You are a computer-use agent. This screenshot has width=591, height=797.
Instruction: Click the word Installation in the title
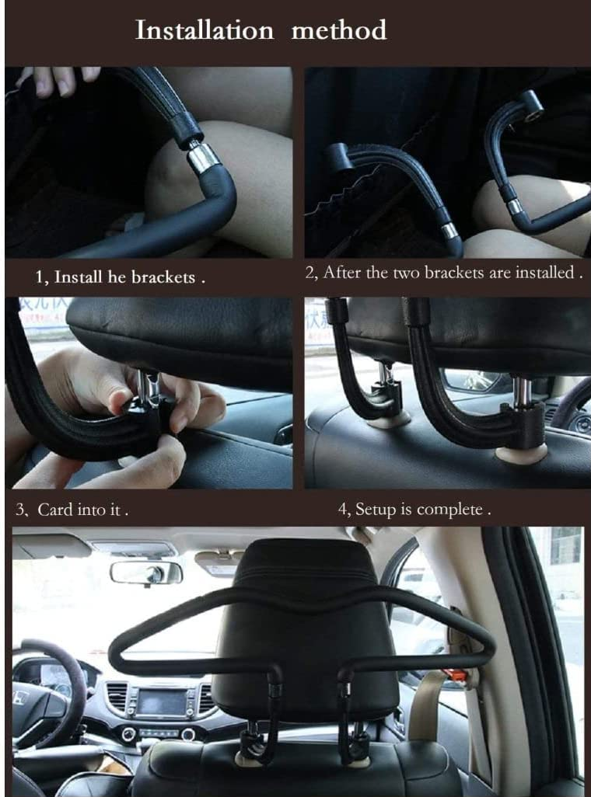point(205,30)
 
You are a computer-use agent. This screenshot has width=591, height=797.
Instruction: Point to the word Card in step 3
point(55,510)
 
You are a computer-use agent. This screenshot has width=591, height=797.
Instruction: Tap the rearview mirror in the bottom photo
point(146,573)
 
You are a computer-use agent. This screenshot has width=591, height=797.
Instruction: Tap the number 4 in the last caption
point(343,510)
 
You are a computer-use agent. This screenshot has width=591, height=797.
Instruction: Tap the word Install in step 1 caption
point(76,277)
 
